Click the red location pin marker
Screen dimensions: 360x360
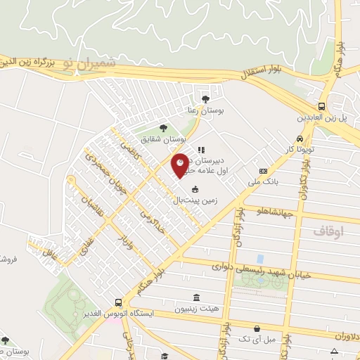(181, 164)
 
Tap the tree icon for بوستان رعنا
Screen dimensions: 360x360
(205, 99)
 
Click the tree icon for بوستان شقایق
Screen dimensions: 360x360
(163, 128)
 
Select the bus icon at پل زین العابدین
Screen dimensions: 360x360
(321, 106)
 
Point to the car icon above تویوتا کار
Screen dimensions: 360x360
(300, 139)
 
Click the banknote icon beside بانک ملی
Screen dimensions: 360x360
(263, 170)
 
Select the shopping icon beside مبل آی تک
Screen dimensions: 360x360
(257, 328)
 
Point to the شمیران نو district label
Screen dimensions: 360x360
(87, 63)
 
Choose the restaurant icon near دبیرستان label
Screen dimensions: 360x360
(201, 149)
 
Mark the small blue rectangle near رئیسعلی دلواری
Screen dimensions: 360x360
(261, 259)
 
